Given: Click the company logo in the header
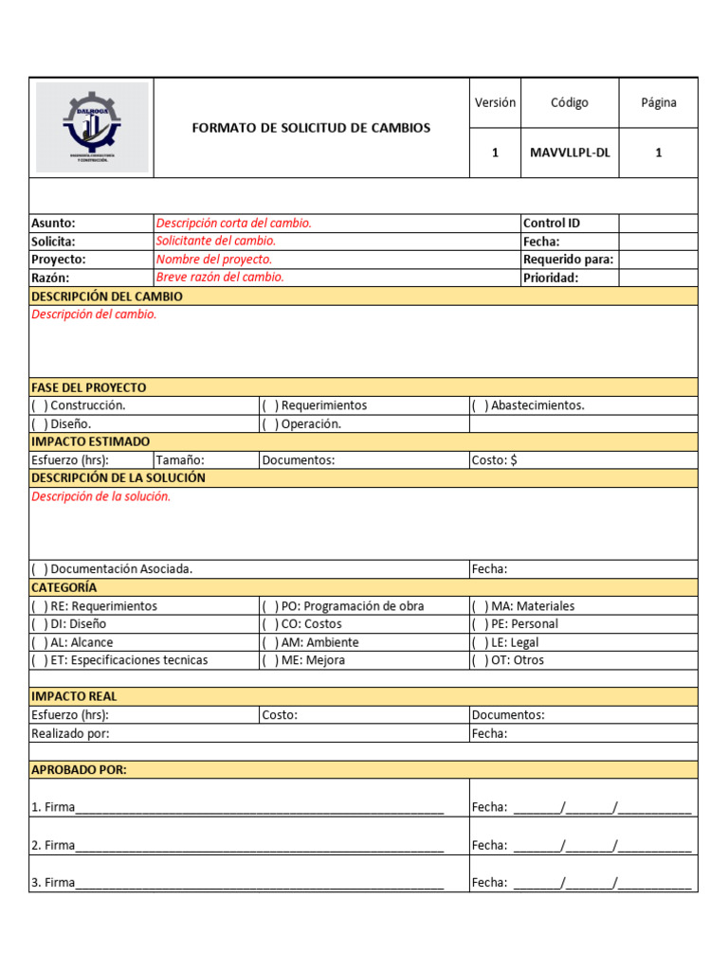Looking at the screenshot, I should click(x=92, y=127).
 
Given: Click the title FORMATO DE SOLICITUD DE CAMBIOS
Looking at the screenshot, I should click(x=311, y=128).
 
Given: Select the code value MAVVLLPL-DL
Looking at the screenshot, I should click(x=570, y=153).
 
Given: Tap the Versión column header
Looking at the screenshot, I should click(x=495, y=102).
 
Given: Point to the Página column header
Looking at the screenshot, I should click(x=658, y=102).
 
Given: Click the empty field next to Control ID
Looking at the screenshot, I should click(x=658, y=224).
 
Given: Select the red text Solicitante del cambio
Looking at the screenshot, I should click(x=216, y=242).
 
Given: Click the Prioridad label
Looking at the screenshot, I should click(x=551, y=278).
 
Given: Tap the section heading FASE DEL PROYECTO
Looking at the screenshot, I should click(x=89, y=387).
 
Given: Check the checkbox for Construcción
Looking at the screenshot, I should click(x=40, y=405).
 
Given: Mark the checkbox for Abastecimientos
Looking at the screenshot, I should click(x=481, y=405).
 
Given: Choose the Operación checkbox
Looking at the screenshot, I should click(x=270, y=424).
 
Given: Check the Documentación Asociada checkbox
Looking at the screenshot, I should click(x=40, y=569).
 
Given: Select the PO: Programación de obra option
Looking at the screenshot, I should click(x=270, y=606).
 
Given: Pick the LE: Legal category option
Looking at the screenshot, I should click(x=481, y=642).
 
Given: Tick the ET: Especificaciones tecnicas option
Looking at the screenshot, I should click(x=40, y=660).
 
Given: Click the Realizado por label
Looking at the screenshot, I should click(x=70, y=733).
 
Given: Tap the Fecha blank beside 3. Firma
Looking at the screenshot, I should click(x=602, y=883).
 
